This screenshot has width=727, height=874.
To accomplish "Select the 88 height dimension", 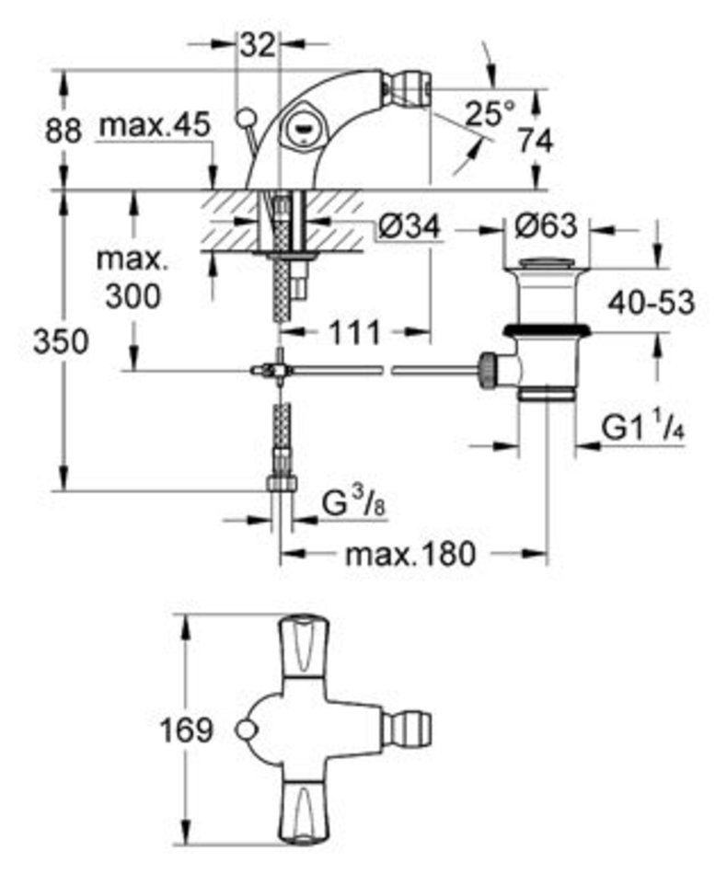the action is coord(63,132).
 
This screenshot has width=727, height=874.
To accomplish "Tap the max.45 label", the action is coord(155,125).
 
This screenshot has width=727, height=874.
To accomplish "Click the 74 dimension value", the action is coord(536,141).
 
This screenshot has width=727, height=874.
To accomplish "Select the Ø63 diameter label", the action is coord(545,226).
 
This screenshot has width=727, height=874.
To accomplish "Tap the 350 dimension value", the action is coord(60,341).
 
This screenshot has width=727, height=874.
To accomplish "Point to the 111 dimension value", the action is coord(354,333).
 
